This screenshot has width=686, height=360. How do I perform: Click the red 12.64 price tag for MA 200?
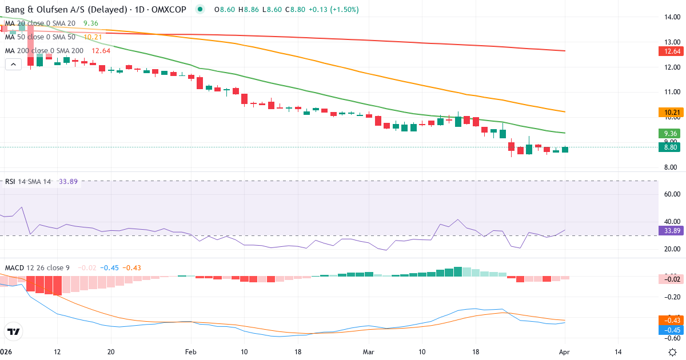(669, 51)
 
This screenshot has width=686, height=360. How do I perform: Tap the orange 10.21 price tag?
(669, 113)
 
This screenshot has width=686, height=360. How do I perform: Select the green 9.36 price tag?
(669, 134)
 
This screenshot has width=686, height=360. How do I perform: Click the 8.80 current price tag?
(669, 147)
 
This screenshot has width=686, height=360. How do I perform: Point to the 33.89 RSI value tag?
(669, 231)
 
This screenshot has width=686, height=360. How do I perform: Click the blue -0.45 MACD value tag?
(669, 330)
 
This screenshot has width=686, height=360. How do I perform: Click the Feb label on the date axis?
(191, 352)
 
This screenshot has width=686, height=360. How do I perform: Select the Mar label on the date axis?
(368, 352)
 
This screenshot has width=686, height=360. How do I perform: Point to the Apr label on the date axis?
(565, 352)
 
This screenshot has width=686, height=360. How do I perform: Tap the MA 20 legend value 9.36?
(90, 23)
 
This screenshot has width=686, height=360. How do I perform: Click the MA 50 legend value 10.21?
(93, 37)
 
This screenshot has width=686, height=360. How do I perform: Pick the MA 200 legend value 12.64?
(101, 51)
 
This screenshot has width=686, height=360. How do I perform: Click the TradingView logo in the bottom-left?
(13, 331)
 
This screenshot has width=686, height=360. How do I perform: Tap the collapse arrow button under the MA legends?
(13, 65)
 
